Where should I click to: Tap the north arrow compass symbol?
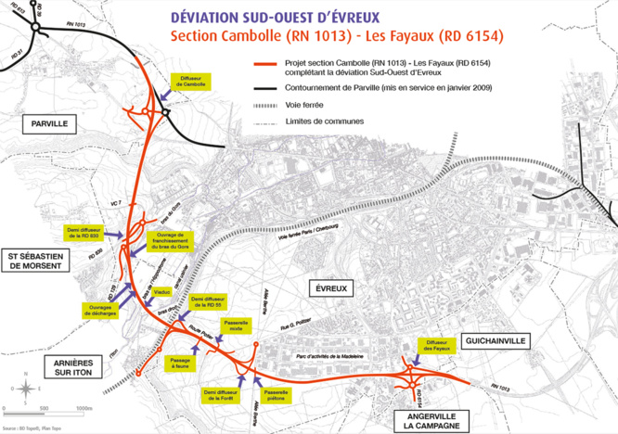click(x=27, y=389)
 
